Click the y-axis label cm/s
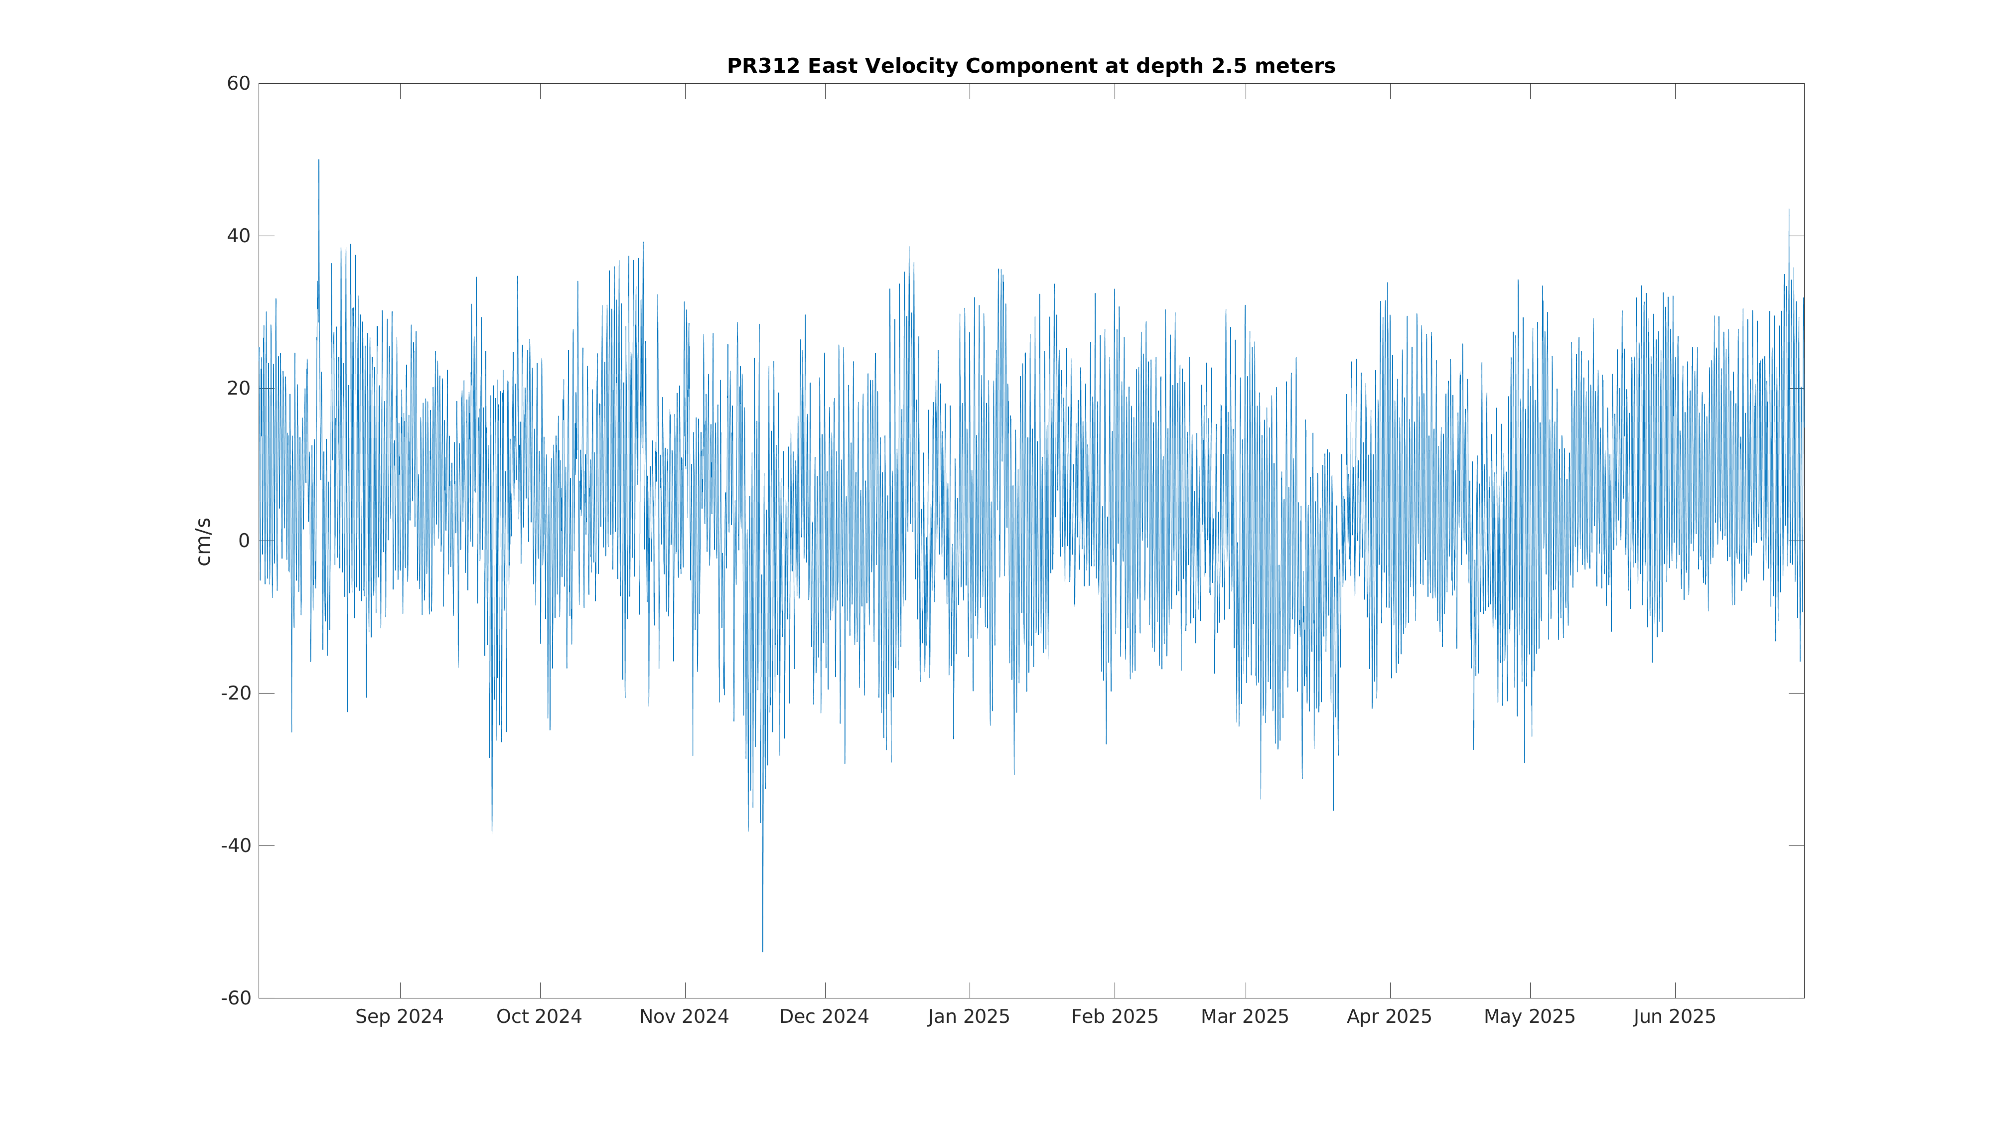[203, 542]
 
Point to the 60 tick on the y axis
[238, 84]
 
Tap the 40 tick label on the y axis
[238, 236]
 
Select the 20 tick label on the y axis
[238, 389]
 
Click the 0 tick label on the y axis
[244, 541]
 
